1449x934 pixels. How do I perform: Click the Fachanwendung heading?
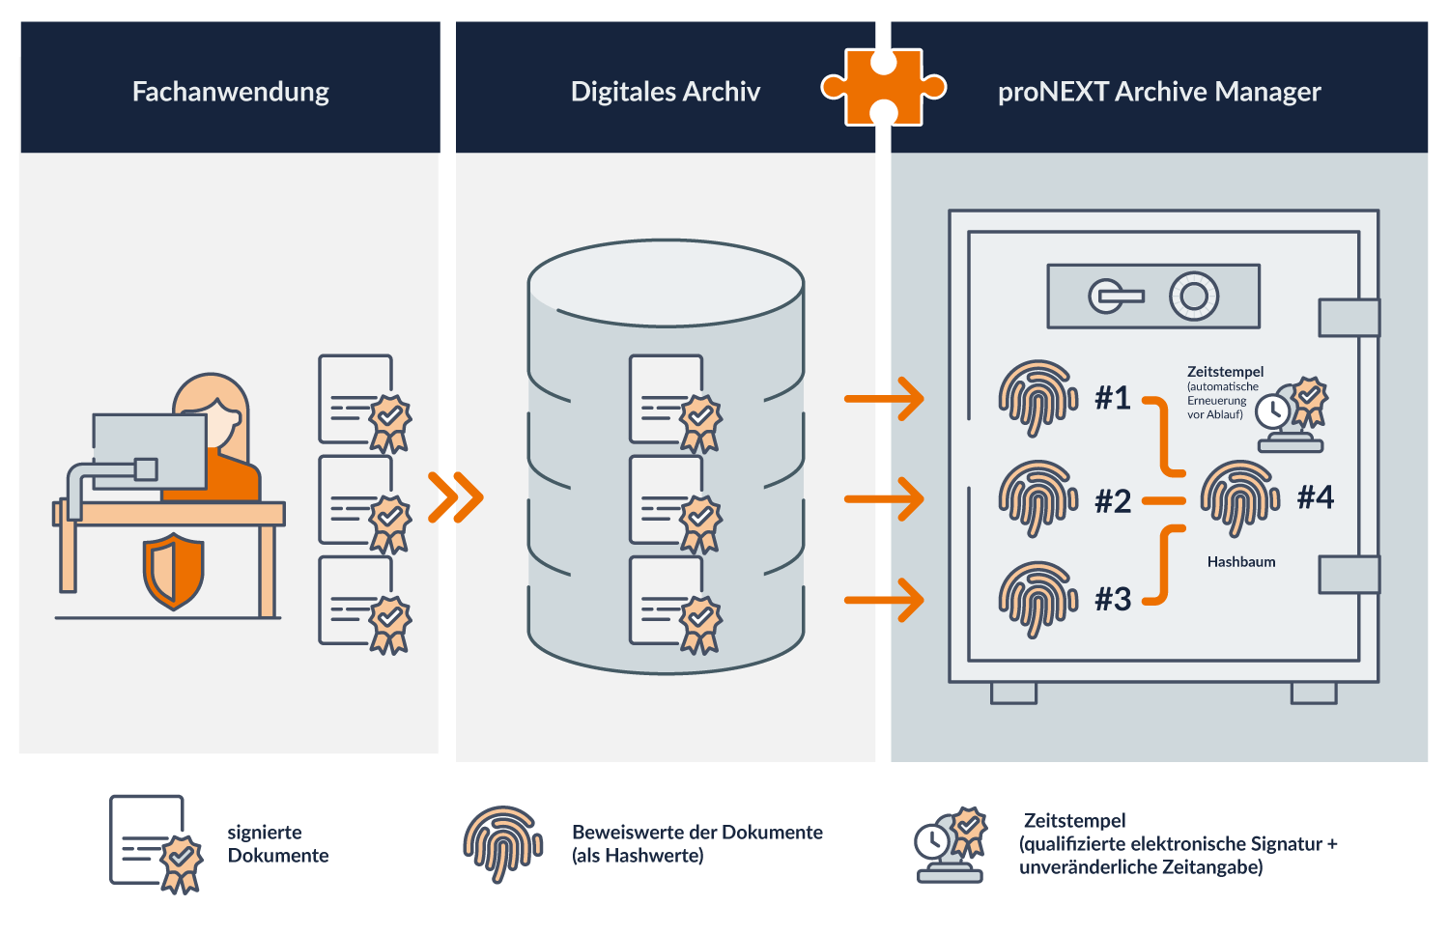[230, 92]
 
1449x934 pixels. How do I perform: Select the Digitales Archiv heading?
[665, 92]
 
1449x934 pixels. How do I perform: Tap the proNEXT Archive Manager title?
[1158, 92]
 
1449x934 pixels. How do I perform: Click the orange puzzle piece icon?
[883, 88]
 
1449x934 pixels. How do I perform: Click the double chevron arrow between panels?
[455, 497]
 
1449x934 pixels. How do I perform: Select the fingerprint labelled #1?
[1037, 397]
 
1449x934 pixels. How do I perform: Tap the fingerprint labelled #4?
[1239, 497]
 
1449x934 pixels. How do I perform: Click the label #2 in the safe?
[1113, 501]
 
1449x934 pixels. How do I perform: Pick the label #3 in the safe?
[1113, 599]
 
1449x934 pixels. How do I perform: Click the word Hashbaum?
[1240, 562]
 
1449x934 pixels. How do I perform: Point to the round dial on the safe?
[1194, 297]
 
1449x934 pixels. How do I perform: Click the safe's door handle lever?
[1116, 297]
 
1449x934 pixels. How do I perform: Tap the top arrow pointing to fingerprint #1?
[884, 398]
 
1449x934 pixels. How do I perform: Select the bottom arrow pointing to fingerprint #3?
[884, 600]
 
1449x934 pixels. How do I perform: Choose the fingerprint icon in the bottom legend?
[502, 843]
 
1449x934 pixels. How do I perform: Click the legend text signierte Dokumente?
[278, 844]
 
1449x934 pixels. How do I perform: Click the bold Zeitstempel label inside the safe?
[1225, 372]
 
